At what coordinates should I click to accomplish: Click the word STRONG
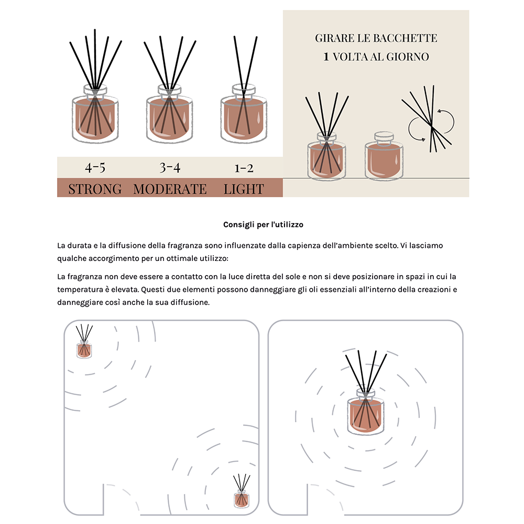95,189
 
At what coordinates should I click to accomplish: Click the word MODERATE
170,189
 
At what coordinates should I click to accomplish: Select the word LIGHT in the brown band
244,189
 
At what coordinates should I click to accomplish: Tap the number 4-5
95,168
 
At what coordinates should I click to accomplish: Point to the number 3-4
170,168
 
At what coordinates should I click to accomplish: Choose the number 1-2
244,168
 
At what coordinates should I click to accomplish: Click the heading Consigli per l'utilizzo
263,225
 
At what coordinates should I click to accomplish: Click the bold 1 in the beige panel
326,57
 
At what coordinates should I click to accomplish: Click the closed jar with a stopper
384,157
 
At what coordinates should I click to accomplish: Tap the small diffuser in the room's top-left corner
84,346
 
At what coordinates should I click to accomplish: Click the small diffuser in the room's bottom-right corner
241,495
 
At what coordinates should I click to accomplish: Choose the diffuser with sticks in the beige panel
326,157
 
